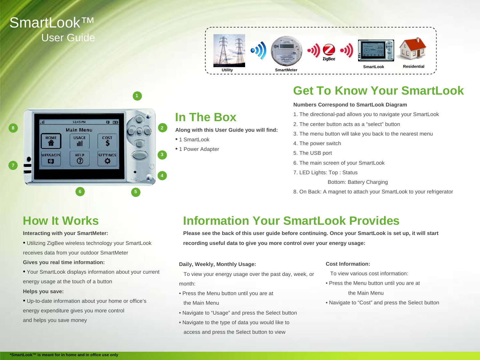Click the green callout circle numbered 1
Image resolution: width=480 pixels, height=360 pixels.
137,96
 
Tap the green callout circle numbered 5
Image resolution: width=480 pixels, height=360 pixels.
136,192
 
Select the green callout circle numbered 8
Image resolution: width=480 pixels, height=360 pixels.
13,128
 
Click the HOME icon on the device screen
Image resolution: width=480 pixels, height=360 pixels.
51,141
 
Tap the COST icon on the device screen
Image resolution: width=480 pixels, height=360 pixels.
107,141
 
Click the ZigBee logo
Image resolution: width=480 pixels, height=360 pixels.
329,52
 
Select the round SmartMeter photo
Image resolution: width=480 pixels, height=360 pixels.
286,51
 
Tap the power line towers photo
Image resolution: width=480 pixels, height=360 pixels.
229,51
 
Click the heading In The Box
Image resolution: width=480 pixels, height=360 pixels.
205,117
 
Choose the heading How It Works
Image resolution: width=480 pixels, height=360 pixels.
61,221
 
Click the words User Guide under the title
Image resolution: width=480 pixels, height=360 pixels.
68,38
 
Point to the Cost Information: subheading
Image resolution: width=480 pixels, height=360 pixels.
348,264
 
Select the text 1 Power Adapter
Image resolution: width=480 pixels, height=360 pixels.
199,149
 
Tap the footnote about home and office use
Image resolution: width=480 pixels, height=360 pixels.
64,355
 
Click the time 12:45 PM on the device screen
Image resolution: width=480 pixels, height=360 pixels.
79,122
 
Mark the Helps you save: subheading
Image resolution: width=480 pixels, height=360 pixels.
43,292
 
